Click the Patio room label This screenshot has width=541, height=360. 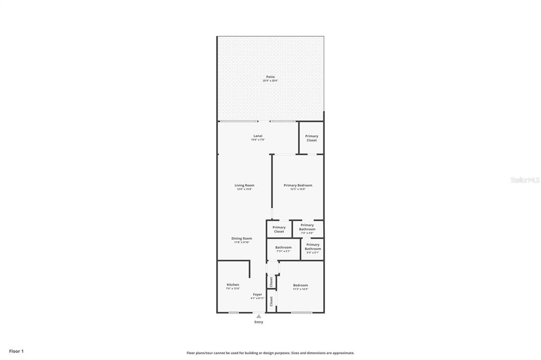click(x=270, y=77)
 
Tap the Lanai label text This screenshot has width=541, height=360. click(x=258, y=136)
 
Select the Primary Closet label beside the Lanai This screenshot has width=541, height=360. click(x=312, y=138)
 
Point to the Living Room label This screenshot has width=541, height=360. click(x=245, y=185)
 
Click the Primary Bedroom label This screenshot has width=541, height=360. click(x=297, y=185)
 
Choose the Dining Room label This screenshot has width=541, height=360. click(x=241, y=239)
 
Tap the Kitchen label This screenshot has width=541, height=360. click(x=233, y=285)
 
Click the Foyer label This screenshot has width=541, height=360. click(x=257, y=295)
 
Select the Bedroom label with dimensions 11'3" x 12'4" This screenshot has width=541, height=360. click(x=300, y=285)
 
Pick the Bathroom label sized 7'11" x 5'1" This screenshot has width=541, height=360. click(x=283, y=248)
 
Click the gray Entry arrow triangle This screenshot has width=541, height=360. click(x=258, y=316)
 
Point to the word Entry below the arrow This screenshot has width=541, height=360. click(x=258, y=322)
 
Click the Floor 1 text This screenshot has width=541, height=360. click(x=16, y=351)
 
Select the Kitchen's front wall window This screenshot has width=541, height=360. click(x=234, y=312)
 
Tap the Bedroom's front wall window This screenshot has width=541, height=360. click(x=301, y=312)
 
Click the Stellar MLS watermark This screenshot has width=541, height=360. click(x=525, y=180)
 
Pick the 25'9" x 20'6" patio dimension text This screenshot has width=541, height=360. click(x=270, y=81)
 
